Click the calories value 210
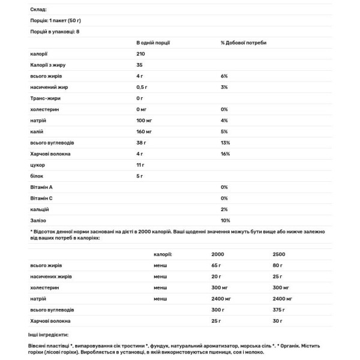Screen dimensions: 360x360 coord(142,54)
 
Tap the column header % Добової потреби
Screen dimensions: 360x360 coord(244,43)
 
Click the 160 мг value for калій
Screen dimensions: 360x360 coord(145,131)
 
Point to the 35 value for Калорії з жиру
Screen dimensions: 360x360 coord(140,65)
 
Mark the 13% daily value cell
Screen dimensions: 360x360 coord(225,143)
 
